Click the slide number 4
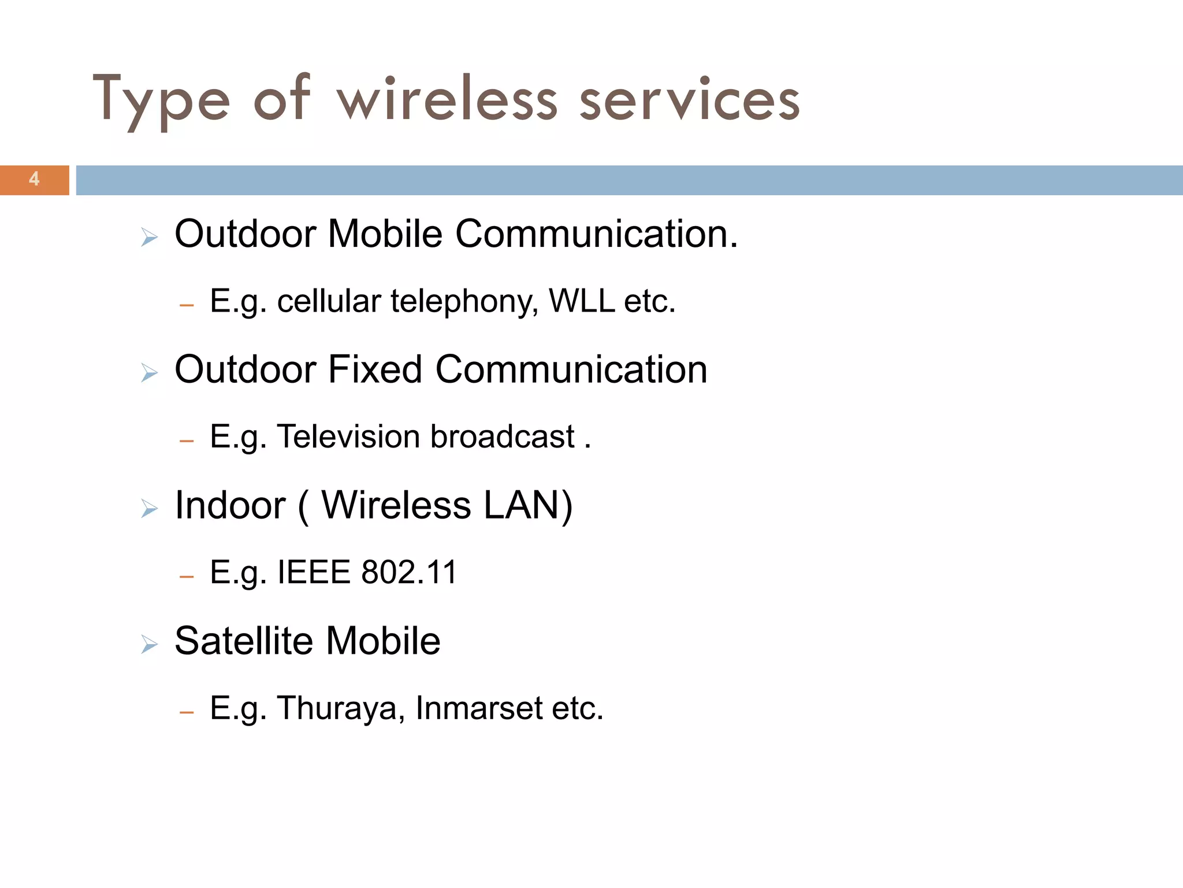[x=34, y=179]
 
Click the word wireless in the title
[x=447, y=99]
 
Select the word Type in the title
[x=161, y=99]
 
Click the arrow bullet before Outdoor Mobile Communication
[x=149, y=237]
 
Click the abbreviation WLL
[x=581, y=301]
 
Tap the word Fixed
[x=375, y=369]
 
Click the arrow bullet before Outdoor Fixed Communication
[x=149, y=373]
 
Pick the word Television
[x=349, y=436]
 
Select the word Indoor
[x=230, y=505]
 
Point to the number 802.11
[x=409, y=572]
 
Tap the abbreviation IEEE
[x=314, y=572]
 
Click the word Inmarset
[x=478, y=708]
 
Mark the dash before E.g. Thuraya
[x=186, y=712]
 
